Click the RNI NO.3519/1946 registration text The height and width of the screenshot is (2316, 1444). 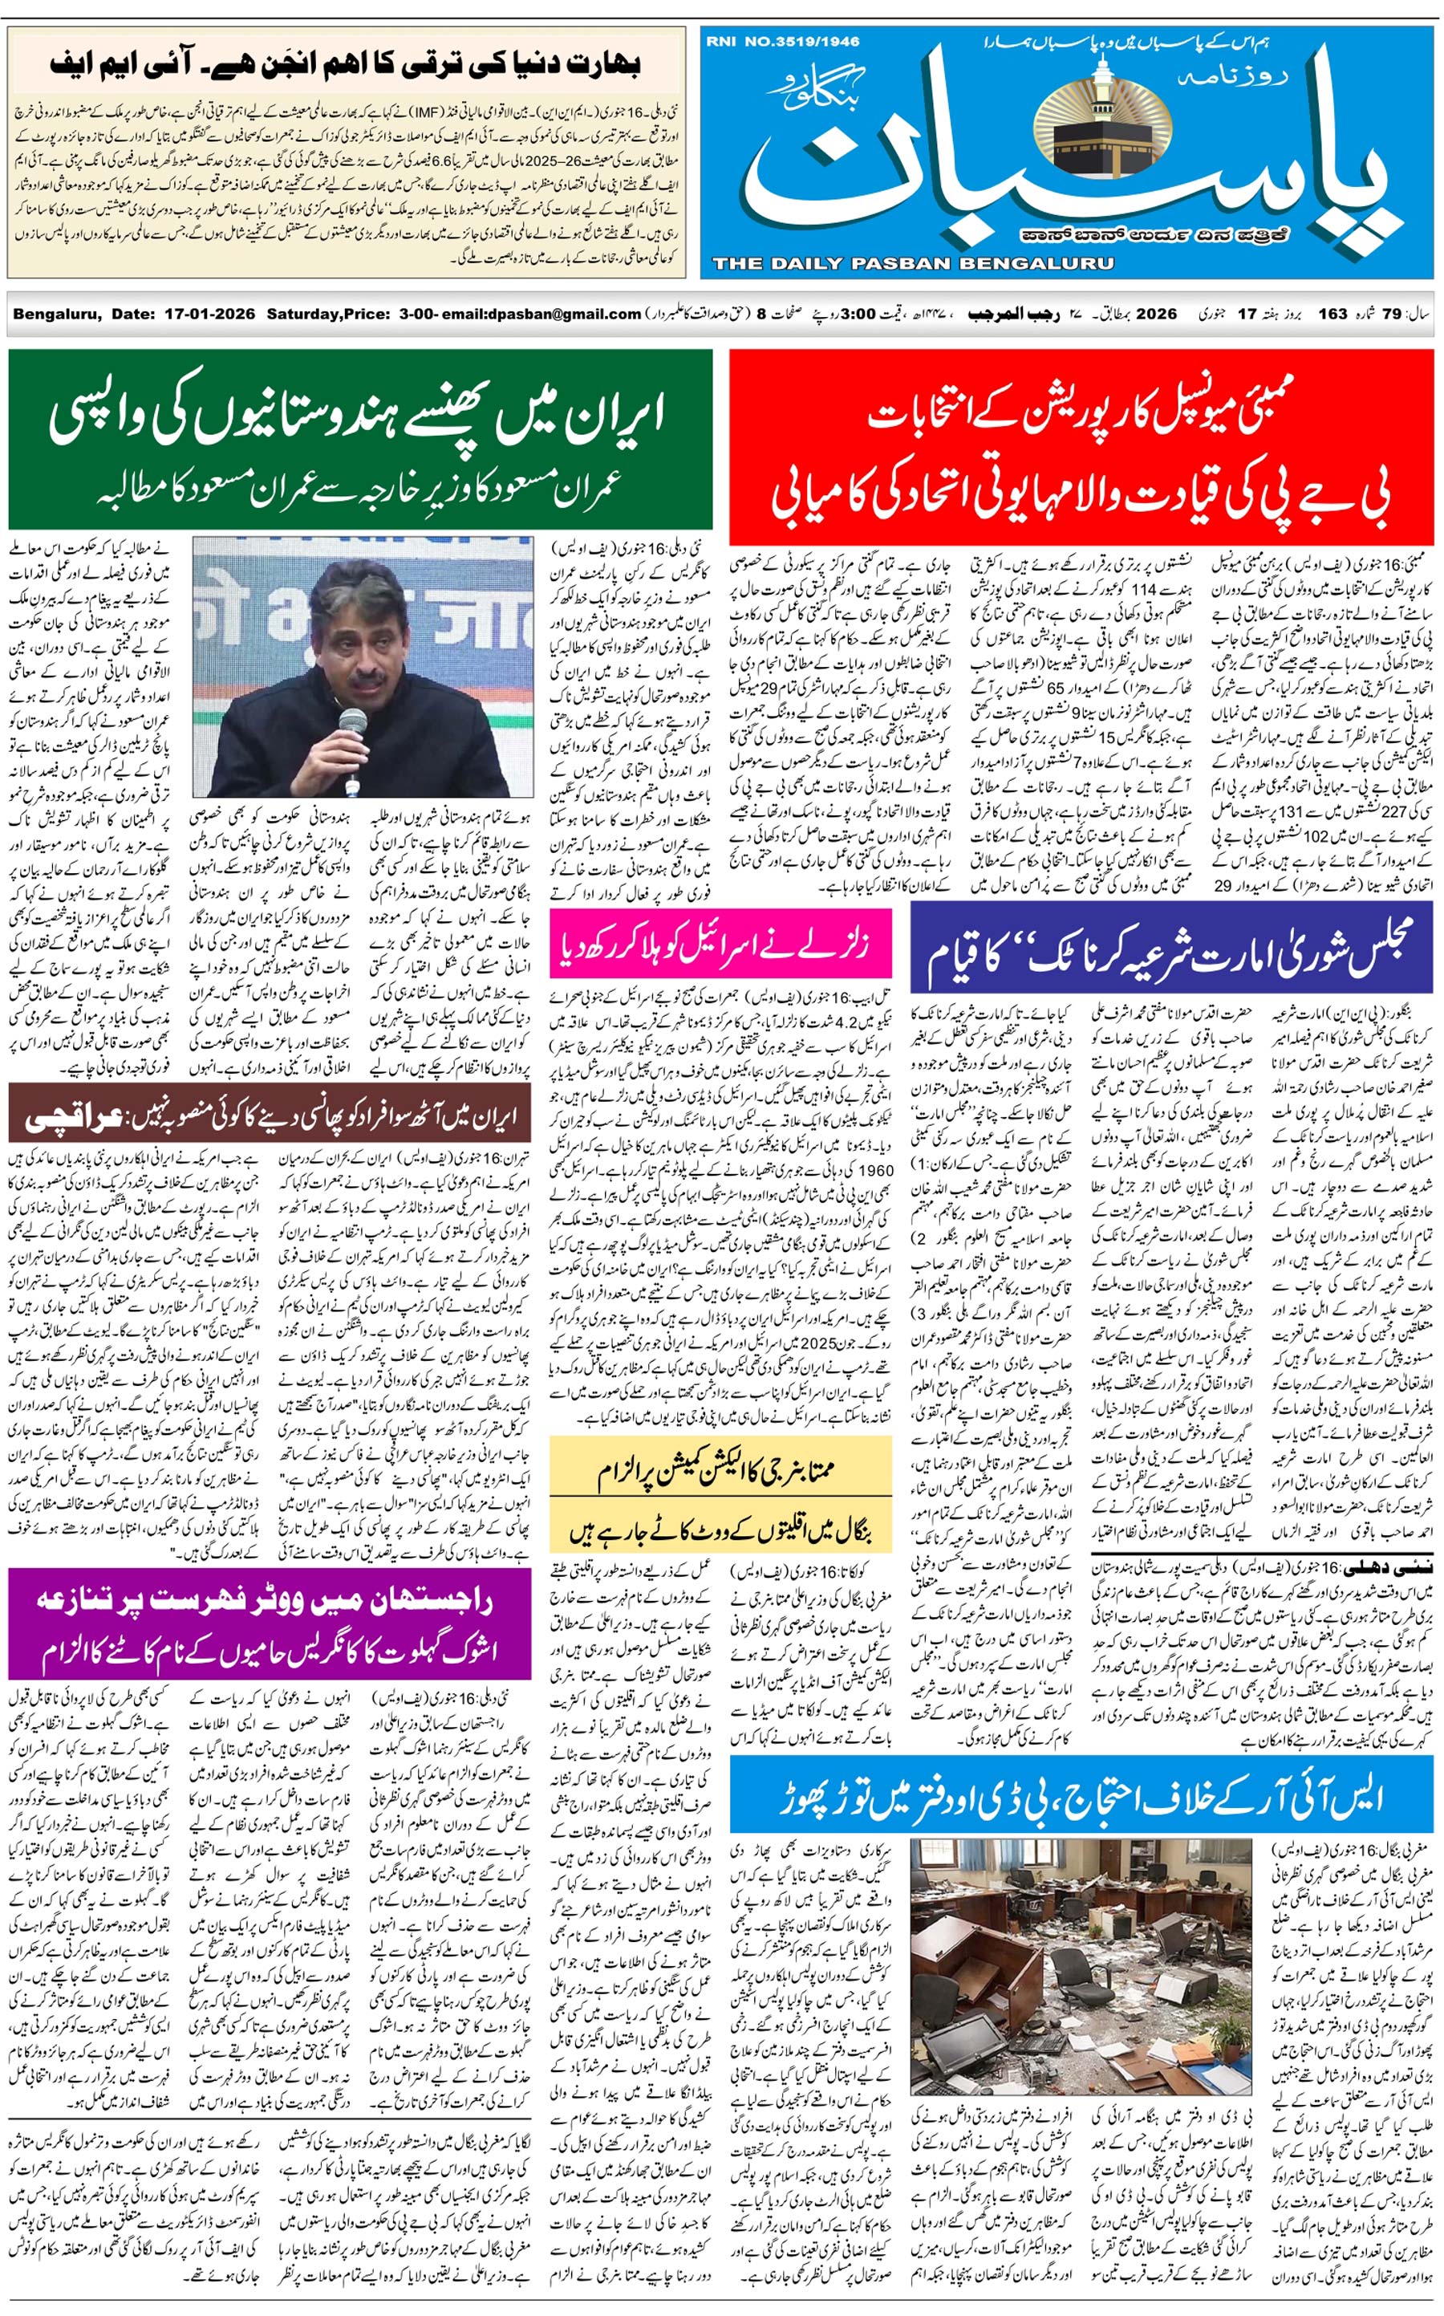pos(782,41)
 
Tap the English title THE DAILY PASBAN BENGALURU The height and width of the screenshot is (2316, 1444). pos(912,262)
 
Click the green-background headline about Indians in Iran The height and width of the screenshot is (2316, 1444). pos(360,439)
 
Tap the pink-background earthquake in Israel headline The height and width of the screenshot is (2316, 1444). pos(720,944)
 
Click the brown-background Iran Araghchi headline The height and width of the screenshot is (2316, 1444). pos(270,1115)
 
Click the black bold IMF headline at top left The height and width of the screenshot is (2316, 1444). pos(346,65)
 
